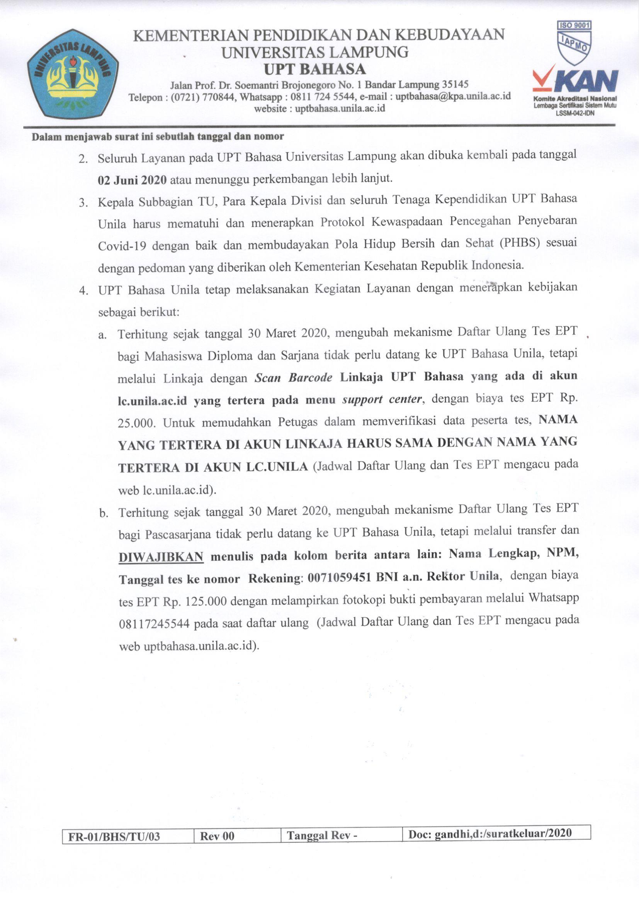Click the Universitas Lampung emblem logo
tap(73, 73)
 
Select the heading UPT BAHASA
tap(314, 69)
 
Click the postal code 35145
tap(455, 84)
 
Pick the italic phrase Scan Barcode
tap(293, 378)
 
